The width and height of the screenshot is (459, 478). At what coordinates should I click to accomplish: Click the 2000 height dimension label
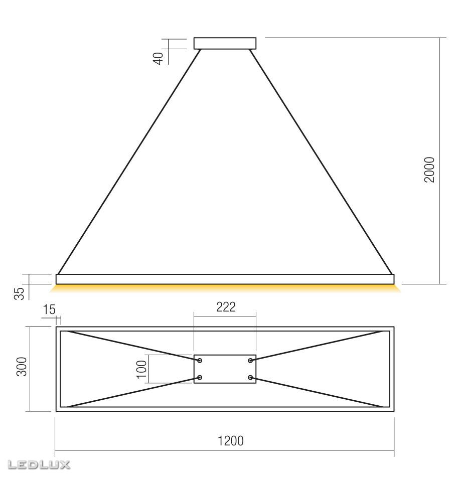click(x=429, y=170)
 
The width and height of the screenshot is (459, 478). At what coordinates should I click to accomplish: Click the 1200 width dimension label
click(x=230, y=441)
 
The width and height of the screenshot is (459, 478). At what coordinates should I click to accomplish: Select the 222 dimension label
click(x=226, y=308)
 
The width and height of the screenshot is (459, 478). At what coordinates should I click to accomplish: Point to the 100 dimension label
click(x=141, y=369)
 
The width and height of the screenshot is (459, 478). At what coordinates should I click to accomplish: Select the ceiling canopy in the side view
click(x=225, y=43)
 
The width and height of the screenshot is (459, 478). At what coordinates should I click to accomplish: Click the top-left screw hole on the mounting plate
click(x=200, y=361)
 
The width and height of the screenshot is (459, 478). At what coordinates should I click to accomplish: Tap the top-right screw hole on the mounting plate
click(x=250, y=361)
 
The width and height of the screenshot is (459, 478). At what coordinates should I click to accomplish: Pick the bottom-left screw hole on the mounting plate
click(x=200, y=377)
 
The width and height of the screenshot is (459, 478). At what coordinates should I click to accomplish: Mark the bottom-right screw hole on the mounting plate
click(x=250, y=377)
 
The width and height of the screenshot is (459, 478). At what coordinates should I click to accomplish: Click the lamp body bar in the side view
click(x=225, y=279)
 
